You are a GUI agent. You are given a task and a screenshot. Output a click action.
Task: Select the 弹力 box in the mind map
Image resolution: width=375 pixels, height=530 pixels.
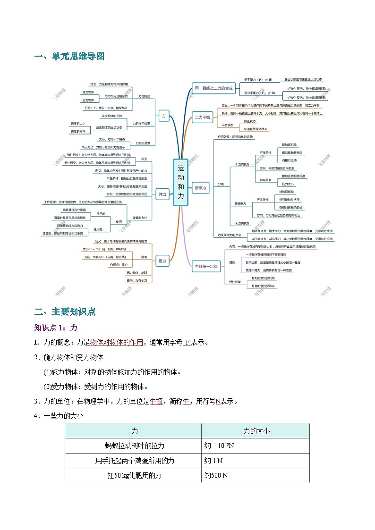tap(163, 194)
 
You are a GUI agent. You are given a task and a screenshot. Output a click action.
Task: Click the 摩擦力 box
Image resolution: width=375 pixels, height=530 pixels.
tap(200, 187)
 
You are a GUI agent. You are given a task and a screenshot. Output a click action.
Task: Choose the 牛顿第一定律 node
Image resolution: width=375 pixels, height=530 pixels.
tap(207, 267)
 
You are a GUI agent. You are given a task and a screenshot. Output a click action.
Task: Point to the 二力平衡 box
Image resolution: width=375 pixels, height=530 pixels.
tap(203, 117)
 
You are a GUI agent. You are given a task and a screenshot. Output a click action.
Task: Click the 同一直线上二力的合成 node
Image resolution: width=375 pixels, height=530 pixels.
tap(213, 88)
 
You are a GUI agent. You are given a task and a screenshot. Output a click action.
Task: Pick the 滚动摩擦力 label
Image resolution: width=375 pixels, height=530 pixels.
tap(242, 223)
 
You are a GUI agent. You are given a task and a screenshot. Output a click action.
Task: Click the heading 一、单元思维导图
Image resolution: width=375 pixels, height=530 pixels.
tap(69, 56)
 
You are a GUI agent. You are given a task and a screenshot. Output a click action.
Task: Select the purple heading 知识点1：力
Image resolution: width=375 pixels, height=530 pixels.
tap(56, 327)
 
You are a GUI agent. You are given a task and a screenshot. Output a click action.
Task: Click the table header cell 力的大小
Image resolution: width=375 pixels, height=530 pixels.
tap(256, 431)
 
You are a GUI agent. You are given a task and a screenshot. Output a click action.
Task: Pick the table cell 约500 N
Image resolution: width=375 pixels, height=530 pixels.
tap(216, 475)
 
